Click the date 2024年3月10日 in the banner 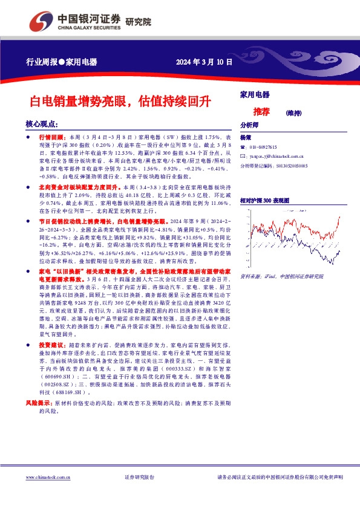pos(203,62)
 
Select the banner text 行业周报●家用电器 pos(62,62)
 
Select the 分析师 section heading pos(249,125)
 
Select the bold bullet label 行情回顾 pos(51,138)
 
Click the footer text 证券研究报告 pos(139,478)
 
